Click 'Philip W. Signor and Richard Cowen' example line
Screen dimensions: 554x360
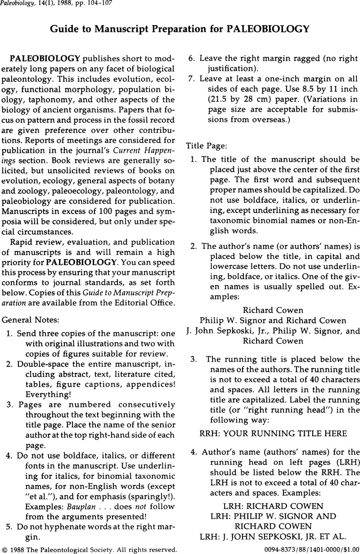pyautogui.click(x=273, y=320)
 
